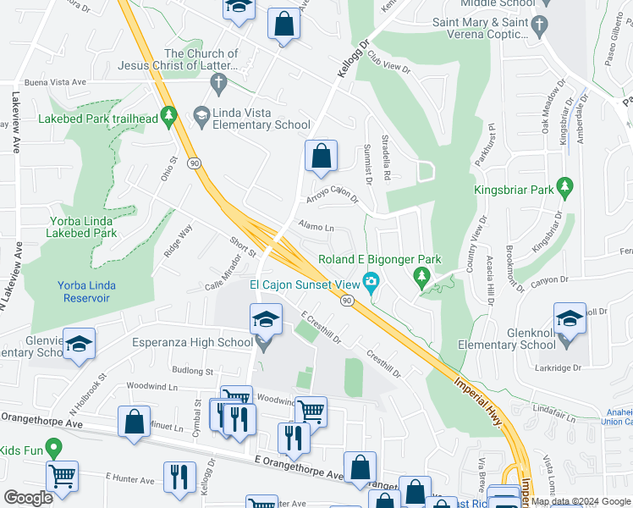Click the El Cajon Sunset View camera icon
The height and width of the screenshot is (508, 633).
(371, 281)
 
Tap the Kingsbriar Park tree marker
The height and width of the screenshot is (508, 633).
(565, 187)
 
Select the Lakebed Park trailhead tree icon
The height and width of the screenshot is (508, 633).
(169, 114)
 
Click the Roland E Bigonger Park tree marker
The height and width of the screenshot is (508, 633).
(421, 276)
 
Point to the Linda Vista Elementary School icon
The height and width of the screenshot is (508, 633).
(201, 114)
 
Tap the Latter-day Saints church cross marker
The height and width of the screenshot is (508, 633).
(218, 83)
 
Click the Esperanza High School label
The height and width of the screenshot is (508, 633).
(194, 342)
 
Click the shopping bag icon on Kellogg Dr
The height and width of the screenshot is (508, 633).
(321, 156)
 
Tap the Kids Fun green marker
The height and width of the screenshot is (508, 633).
(53, 447)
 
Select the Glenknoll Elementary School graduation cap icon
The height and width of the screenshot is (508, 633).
(570, 321)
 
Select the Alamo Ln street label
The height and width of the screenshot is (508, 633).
(316, 227)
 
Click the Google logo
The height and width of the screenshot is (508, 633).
(29, 499)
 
